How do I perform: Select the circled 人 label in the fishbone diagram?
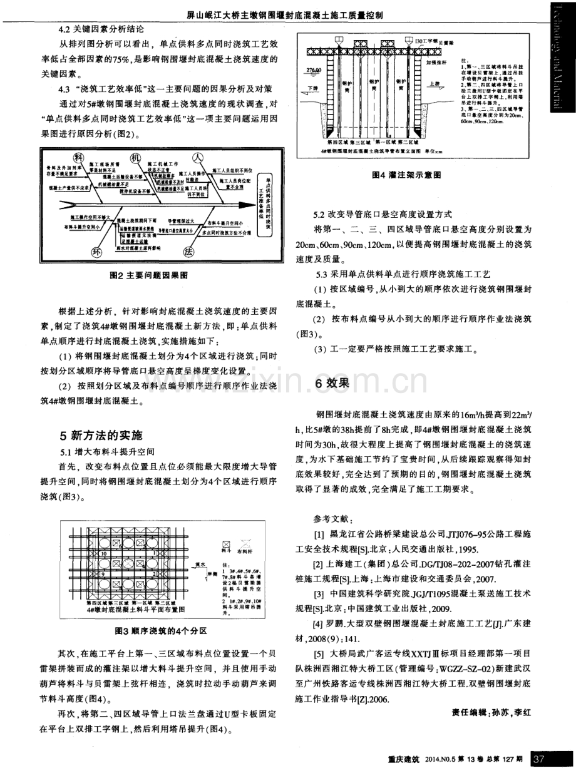click(198, 156)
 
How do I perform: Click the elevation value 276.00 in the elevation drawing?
click(312, 71)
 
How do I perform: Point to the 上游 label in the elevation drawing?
click(435, 82)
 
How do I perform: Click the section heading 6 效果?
click(335, 385)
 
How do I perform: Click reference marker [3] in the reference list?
click(319, 593)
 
